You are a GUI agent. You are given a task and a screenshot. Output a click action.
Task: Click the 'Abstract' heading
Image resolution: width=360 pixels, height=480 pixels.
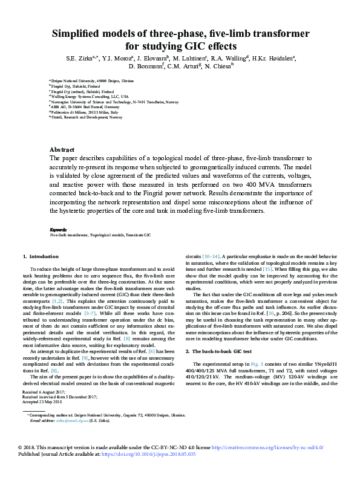click(62, 149)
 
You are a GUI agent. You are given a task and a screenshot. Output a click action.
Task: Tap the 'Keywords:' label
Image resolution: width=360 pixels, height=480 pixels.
click(58, 230)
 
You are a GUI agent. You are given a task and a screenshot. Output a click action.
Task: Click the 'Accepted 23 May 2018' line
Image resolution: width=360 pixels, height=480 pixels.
click(42, 401)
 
